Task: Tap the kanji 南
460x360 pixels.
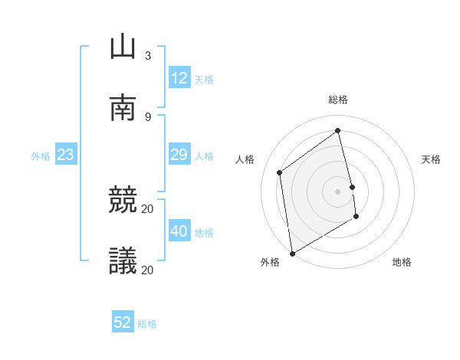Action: [123, 108]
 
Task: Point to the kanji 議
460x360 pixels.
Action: [123, 261]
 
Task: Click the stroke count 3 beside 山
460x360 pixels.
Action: [148, 55]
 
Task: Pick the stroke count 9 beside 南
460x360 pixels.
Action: [148, 116]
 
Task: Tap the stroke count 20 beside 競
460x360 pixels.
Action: [148, 208]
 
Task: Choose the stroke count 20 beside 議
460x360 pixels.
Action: [148, 270]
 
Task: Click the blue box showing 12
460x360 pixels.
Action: [179, 78]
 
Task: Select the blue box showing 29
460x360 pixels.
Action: [179, 155]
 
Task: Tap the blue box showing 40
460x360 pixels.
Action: [179, 231]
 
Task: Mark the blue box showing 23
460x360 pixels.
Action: [65, 155]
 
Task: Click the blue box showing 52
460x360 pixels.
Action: [123, 322]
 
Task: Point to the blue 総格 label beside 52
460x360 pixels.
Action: [147, 324]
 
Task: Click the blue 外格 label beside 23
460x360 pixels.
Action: [41, 156]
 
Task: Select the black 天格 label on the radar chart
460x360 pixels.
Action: [431, 159]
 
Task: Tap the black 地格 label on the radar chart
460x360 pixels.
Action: [402, 262]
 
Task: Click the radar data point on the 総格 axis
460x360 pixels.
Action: [337, 131]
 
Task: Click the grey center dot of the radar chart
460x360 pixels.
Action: [337, 191]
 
